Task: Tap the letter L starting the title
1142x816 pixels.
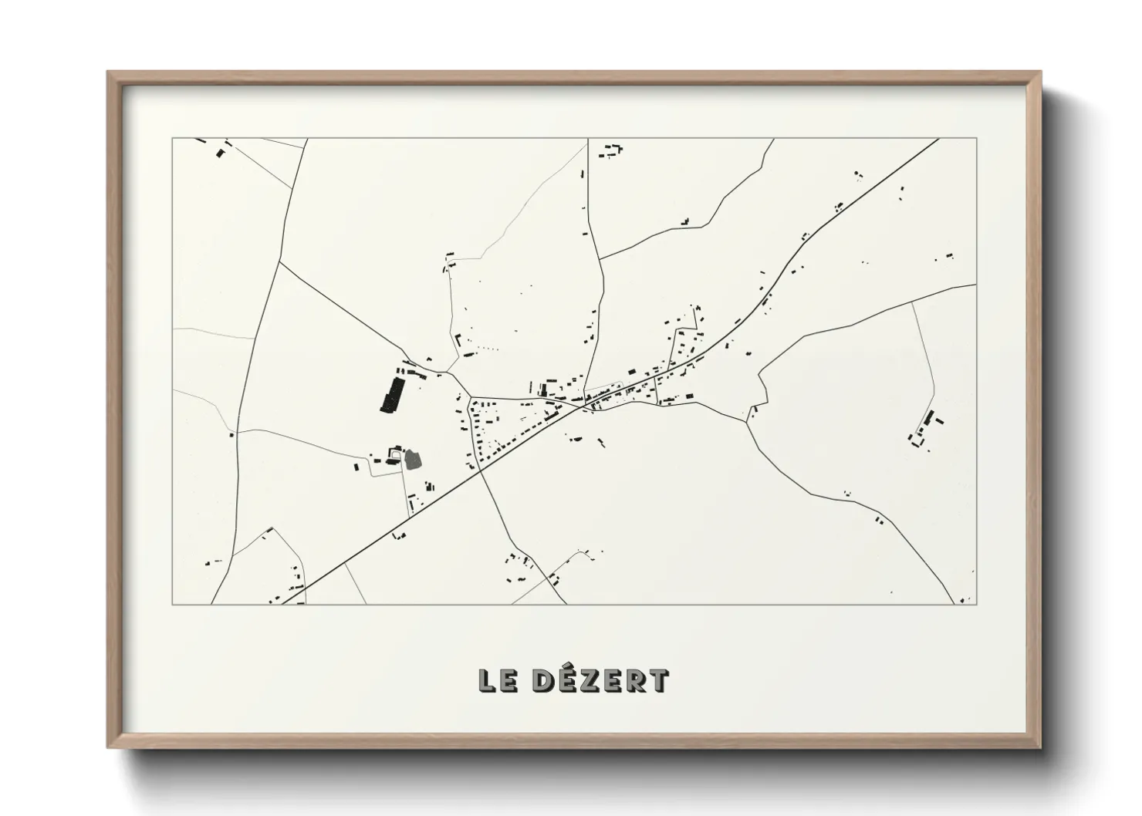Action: [x=488, y=680]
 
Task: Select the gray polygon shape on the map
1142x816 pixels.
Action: [x=414, y=460]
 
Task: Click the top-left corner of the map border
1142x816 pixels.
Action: [x=173, y=139]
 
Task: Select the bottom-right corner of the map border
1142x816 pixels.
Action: [x=976, y=604]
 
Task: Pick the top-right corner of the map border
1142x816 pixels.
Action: [x=976, y=139]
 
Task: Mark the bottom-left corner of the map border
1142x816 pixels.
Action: [x=173, y=604]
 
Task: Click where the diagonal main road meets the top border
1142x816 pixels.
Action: [x=938, y=139]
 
